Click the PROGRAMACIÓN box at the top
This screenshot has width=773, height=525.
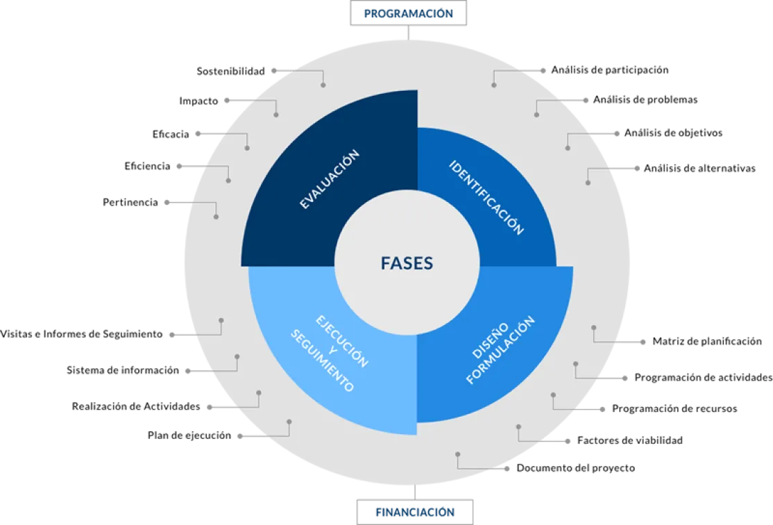[408, 13]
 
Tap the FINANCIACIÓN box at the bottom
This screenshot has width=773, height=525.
[414, 512]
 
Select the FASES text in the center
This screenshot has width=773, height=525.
[407, 263]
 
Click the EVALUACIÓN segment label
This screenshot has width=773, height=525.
[330, 179]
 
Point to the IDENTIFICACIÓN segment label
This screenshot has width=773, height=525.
[486, 197]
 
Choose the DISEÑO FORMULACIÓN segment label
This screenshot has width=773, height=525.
[500, 349]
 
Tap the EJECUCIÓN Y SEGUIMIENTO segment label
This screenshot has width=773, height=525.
[330, 353]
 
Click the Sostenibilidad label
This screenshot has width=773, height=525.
[230, 71]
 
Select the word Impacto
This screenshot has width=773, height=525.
[198, 101]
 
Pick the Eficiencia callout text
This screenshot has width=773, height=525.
[147, 166]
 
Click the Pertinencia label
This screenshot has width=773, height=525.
[130, 202]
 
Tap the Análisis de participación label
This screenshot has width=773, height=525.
[610, 70]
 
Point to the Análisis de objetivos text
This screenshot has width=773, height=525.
[673, 133]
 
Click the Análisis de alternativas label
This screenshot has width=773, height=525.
[699, 168]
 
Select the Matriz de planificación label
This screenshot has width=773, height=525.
[707, 342]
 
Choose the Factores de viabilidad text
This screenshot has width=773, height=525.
[630, 440]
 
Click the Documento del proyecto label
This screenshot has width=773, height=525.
[576, 468]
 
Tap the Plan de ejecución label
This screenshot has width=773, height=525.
[189, 435]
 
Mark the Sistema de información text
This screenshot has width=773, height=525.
[123, 370]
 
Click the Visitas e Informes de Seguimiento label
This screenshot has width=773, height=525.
[81, 334]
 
